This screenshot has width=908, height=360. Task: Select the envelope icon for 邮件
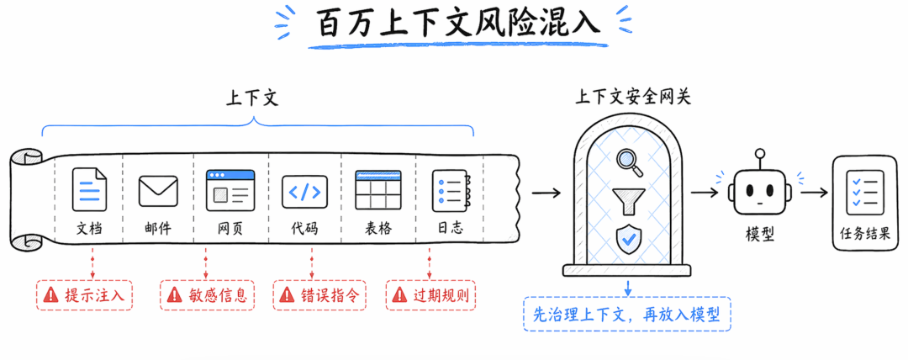158,190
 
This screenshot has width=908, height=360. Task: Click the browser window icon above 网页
230,190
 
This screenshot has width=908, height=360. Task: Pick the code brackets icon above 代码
304,191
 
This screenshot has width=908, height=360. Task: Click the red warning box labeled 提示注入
85,295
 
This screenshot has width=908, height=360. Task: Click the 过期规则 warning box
431,295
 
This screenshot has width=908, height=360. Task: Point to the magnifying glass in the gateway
629,161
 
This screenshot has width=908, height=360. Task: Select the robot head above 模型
759,190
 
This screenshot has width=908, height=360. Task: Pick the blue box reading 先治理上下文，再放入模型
627,314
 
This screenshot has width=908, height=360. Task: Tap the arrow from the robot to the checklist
813,192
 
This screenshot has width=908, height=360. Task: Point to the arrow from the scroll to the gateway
546,193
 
